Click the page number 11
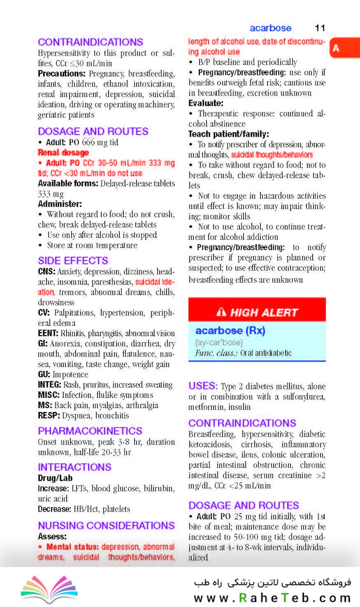(320, 28)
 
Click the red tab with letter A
(336, 48)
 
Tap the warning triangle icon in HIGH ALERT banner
(221, 312)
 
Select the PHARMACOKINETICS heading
(90, 431)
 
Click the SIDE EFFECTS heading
(73, 261)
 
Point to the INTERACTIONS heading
(75, 467)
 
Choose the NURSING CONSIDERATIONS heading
(106, 526)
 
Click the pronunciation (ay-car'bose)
(219, 342)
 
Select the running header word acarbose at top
(270, 28)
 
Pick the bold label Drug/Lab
(55, 478)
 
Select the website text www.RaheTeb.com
(272, 597)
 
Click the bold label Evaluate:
(206, 103)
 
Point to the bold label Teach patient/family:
(229, 134)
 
